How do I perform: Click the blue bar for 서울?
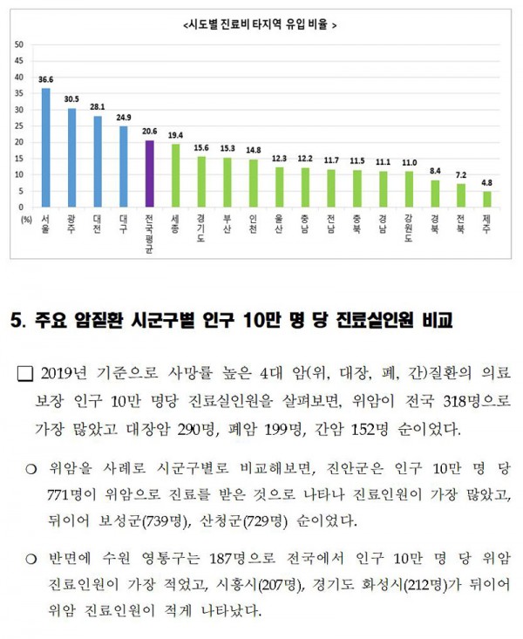pyautogui.click(x=46, y=147)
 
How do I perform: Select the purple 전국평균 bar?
pyautogui.click(x=150, y=173)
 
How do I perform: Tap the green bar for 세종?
pyautogui.click(x=175, y=175)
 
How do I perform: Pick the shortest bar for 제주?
pyautogui.click(x=486, y=199)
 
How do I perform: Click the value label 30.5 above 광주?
pyautogui.click(x=72, y=99)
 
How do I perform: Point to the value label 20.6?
pyautogui.click(x=150, y=131)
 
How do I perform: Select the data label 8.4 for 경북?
pyautogui.click(x=435, y=171)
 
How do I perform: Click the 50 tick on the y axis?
pyautogui.click(x=19, y=44)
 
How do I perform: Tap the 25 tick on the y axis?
pyautogui.click(x=19, y=126)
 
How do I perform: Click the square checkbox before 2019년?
pyautogui.click(x=25, y=376)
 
